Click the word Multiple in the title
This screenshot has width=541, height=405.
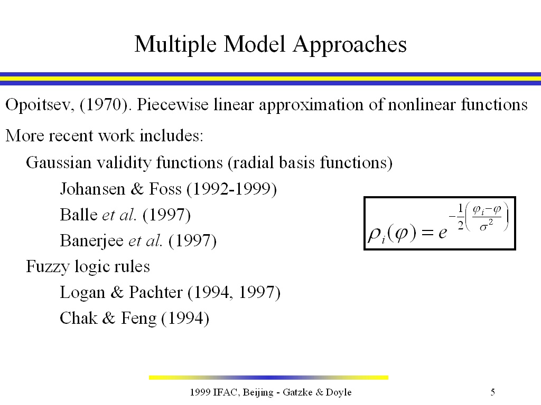tap(175, 45)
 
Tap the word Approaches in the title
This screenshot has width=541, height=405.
tap(350, 45)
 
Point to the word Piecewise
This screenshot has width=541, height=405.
tap(173, 105)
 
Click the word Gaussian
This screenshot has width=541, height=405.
tap(59, 162)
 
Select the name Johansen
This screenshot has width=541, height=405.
tap(92, 189)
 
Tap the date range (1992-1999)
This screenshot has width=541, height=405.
tap(231, 189)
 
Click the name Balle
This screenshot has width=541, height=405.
tap(79, 215)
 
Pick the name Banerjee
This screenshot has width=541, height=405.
tap(91, 241)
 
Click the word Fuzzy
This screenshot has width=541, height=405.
tap(48, 267)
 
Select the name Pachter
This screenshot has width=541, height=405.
tap(156, 292)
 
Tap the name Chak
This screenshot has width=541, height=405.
tap(78, 318)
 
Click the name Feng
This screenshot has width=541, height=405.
tap(139, 319)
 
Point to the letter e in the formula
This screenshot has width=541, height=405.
tap(443, 234)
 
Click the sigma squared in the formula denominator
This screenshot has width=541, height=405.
tap(487, 226)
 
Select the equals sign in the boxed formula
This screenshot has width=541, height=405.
tap(427, 234)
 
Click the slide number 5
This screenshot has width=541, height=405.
tap(493, 392)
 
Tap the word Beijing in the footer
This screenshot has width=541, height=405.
tap(258, 392)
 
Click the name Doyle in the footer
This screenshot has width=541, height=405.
tap(339, 392)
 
